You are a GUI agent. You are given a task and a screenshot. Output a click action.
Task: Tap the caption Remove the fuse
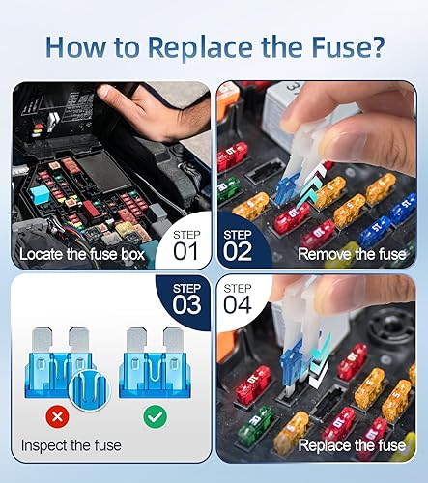pyautogui.click(x=352, y=254)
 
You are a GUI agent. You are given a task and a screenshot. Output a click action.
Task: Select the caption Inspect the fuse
pyautogui.click(x=70, y=446)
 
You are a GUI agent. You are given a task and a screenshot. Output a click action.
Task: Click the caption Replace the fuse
pyautogui.click(x=352, y=445)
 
